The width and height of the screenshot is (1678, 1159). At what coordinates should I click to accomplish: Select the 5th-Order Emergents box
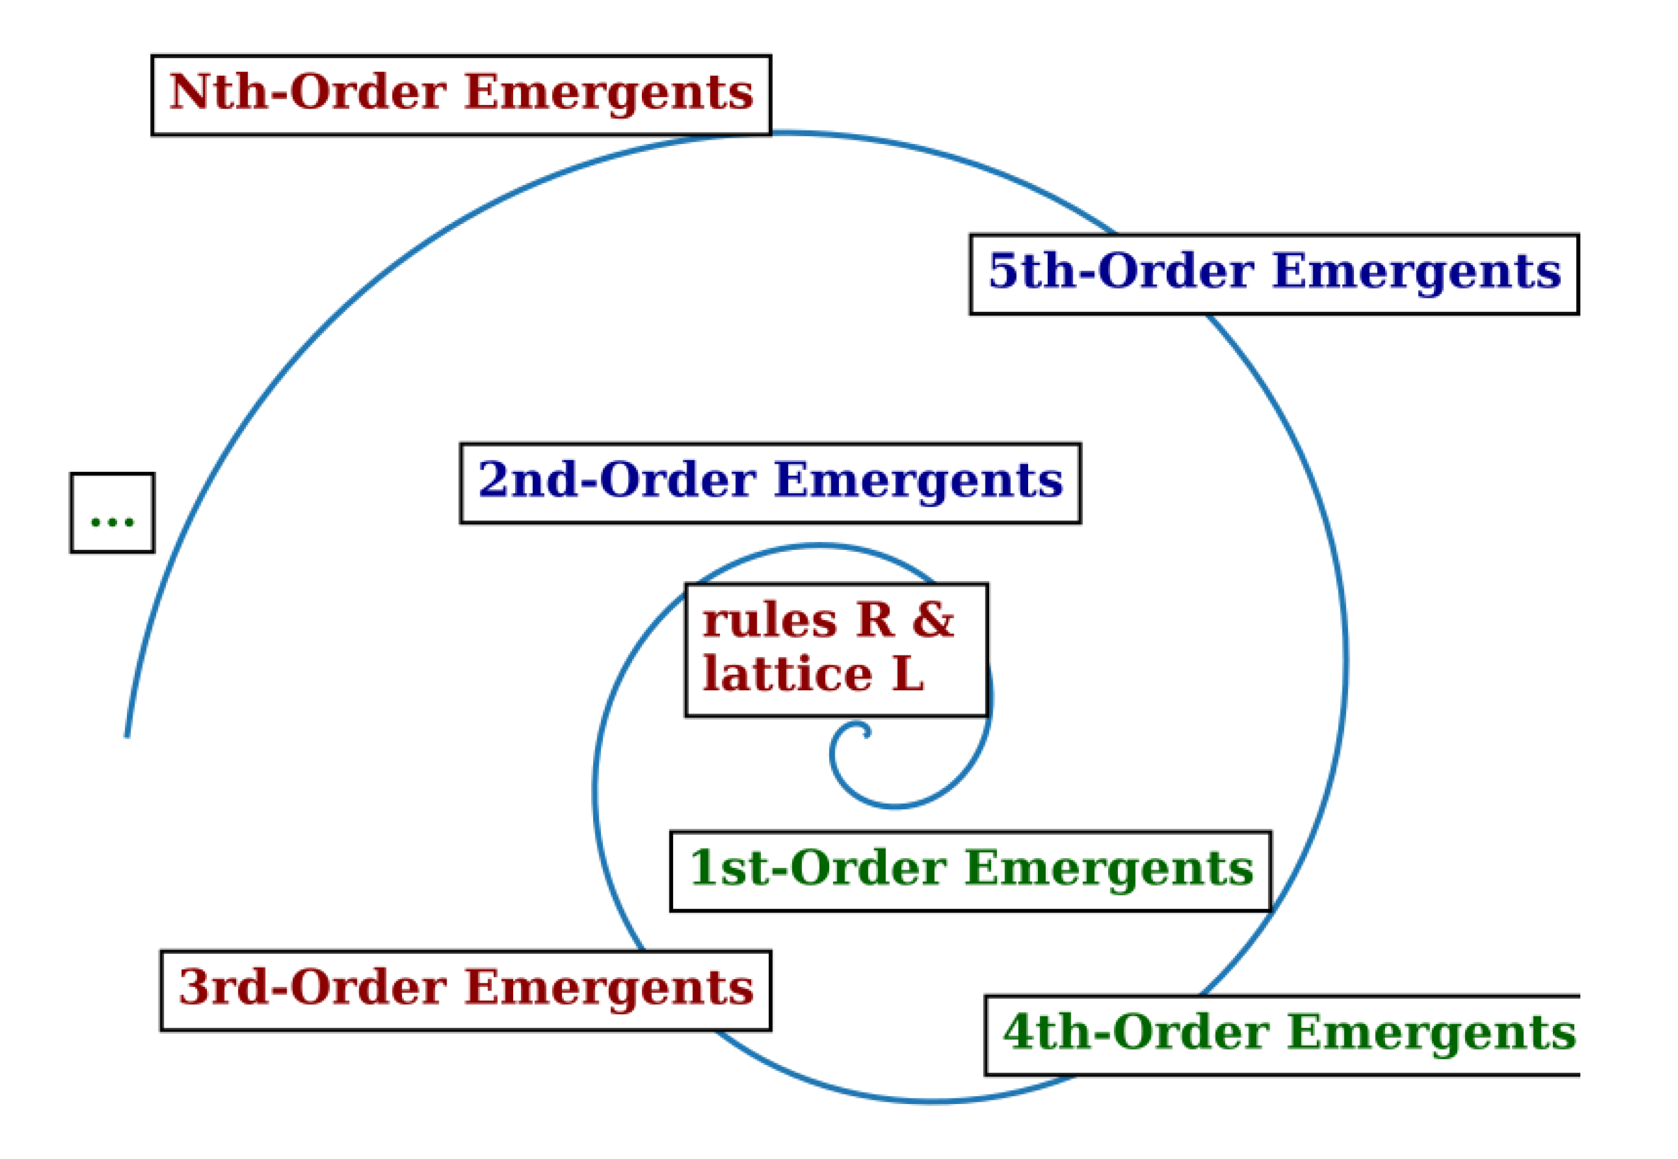pos(1274,274)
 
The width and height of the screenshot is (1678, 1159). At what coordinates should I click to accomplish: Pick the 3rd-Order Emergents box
pos(466,991)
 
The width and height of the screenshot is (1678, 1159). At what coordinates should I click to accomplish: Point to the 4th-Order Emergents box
pos(1281,1036)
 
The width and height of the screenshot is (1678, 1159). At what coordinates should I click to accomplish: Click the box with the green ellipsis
pos(112,513)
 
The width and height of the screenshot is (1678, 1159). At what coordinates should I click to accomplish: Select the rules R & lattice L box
pos(836,650)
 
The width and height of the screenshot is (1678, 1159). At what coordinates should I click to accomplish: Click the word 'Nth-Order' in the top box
pos(308,93)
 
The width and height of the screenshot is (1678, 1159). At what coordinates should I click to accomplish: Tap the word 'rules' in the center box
pos(769,623)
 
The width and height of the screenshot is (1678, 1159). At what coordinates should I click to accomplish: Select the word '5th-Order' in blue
pos(1121,272)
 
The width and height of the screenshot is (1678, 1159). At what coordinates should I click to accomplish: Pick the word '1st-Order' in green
pos(818,868)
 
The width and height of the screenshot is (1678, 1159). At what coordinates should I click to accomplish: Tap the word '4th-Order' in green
pos(1136,1033)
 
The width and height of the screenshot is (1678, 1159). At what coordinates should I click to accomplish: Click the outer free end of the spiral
pos(127,735)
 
